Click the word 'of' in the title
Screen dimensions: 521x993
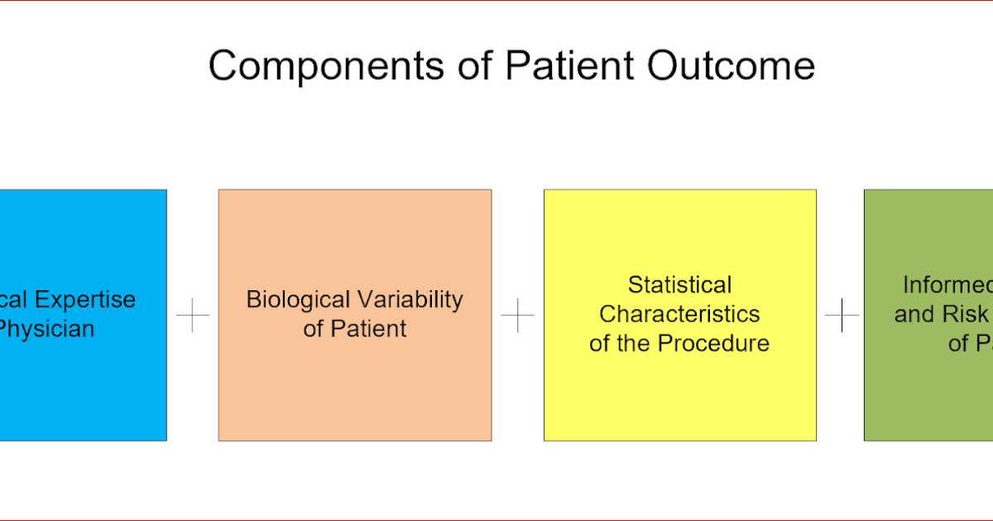(x=475, y=66)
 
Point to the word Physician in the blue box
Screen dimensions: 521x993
(x=46, y=329)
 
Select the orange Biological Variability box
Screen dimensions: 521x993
(x=354, y=389)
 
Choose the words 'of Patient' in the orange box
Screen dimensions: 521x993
(x=354, y=329)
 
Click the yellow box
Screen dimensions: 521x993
(x=679, y=397)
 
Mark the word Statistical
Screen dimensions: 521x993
(x=679, y=285)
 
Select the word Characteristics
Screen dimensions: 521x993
(x=679, y=314)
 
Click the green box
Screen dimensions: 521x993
(x=927, y=397)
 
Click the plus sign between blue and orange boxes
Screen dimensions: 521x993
(x=193, y=315)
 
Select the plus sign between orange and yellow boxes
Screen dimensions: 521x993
(x=518, y=315)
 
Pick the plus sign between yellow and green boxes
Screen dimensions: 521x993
(x=842, y=315)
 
